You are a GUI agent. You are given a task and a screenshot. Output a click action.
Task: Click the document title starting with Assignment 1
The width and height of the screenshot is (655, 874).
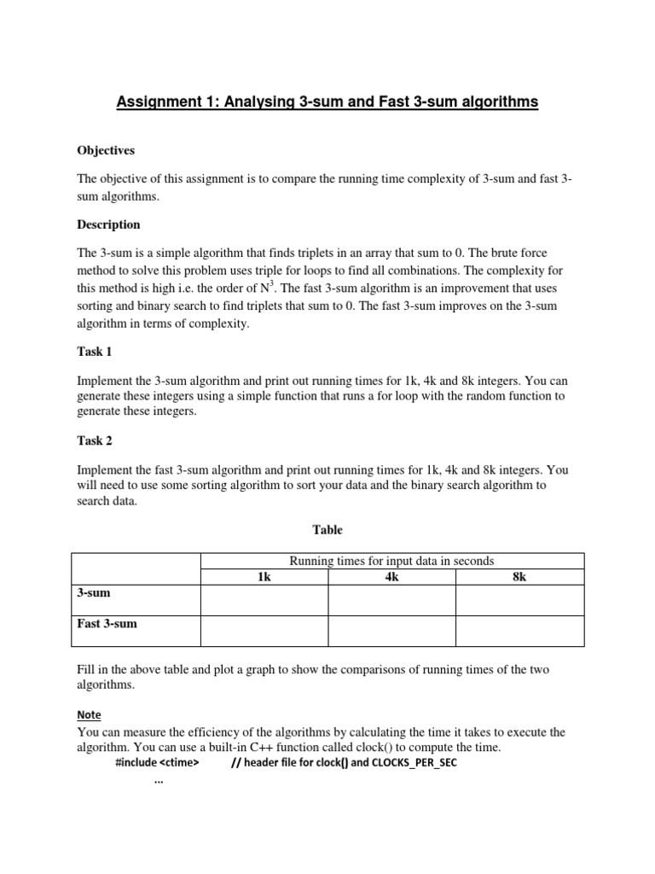click(x=327, y=102)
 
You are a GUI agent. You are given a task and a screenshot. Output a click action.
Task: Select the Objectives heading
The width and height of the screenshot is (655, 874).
click(x=106, y=150)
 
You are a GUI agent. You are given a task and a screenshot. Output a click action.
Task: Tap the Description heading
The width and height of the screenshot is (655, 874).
click(x=108, y=224)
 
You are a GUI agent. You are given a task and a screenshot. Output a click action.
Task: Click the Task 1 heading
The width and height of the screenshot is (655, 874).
click(x=94, y=351)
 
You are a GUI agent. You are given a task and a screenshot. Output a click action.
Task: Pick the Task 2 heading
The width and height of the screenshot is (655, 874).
click(x=94, y=440)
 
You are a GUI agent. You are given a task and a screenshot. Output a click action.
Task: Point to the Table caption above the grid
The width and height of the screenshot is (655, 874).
click(x=327, y=530)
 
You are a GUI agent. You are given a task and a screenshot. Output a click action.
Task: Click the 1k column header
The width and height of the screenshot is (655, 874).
click(x=264, y=577)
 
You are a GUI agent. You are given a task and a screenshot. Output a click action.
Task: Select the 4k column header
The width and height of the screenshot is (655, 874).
click(x=392, y=577)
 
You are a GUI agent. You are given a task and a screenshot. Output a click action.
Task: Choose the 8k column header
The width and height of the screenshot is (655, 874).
click(x=519, y=577)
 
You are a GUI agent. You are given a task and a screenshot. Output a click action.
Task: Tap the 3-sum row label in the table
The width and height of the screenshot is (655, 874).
click(x=94, y=592)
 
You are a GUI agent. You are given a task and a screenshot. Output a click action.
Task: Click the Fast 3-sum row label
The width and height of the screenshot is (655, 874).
click(x=107, y=624)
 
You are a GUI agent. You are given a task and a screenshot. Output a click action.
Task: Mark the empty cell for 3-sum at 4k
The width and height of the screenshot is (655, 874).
click(x=392, y=600)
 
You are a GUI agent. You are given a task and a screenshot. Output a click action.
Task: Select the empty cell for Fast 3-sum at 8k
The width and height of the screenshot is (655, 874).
click(x=519, y=631)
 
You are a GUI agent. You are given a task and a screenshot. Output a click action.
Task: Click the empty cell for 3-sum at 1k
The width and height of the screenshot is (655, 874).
click(x=264, y=600)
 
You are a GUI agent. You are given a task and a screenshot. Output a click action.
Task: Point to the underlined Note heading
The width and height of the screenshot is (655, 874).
click(x=89, y=714)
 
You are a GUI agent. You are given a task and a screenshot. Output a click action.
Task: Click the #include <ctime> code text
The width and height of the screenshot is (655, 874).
click(x=156, y=762)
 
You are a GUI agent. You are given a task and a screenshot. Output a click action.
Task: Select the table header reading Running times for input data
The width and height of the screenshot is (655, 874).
click(x=392, y=561)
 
